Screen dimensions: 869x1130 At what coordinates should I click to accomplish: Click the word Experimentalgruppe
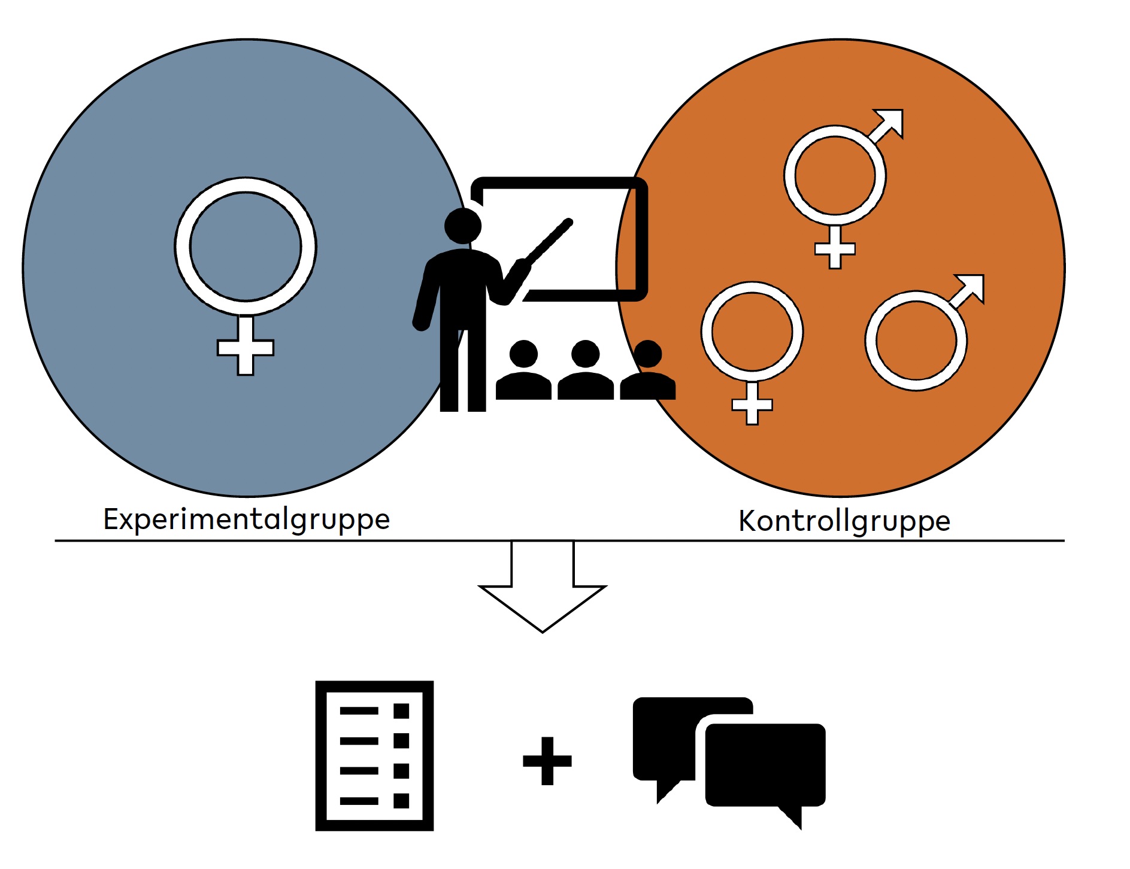pos(246,519)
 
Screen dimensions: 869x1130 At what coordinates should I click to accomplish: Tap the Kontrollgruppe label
pos(844,521)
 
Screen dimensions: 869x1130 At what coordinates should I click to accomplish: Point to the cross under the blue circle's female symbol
pos(246,347)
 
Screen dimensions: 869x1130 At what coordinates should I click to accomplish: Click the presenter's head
pos(463,226)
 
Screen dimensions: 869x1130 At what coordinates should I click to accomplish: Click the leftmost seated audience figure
pos(523,371)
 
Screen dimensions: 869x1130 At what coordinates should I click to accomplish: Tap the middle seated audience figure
pos(586,371)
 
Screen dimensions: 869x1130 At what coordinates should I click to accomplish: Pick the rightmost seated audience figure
pos(648,371)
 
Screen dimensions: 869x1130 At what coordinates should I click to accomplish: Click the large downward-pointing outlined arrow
pos(543,592)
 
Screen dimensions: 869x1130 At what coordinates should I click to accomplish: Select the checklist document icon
pos(374,756)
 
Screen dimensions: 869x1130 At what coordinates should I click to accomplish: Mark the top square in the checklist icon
pos(401,711)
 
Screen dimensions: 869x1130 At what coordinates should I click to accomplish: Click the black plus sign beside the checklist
pos(547,761)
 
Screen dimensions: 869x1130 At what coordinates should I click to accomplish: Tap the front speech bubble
pos(765,766)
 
